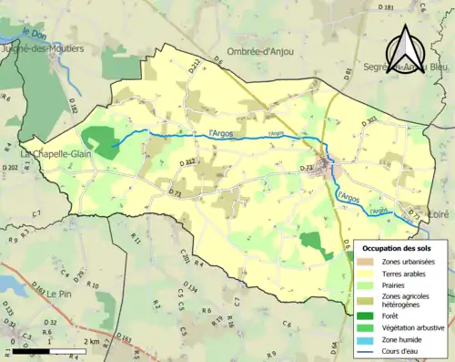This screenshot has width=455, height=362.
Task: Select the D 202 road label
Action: [10, 168]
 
